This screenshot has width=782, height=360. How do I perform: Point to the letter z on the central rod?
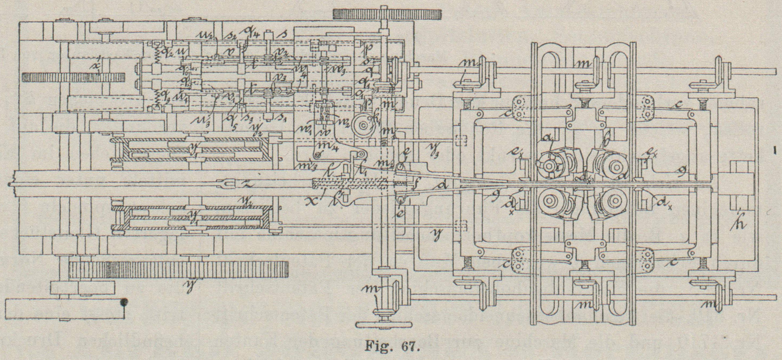click(248, 184)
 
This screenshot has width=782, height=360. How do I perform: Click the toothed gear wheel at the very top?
click(387, 14)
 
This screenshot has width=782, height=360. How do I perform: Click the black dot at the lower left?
click(123, 302)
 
